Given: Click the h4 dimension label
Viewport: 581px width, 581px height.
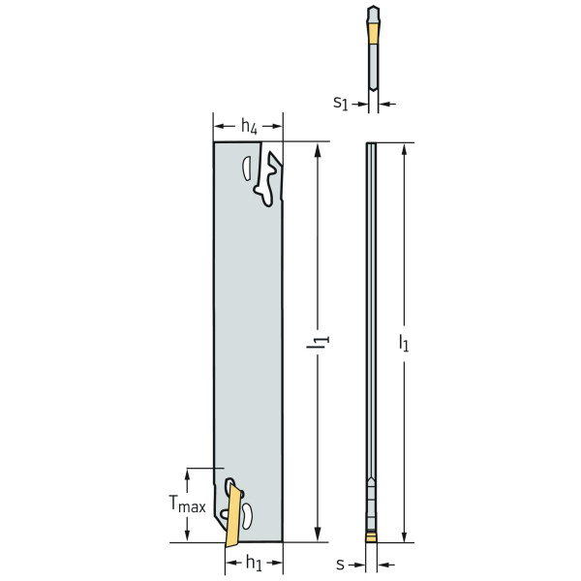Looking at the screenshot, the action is pyautogui.click(x=249, y=126).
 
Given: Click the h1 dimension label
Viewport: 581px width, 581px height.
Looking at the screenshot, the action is pyautogui.click(x=254, y=564).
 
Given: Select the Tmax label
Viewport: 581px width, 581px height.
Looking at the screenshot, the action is pyautogui.click(x=187, y=505).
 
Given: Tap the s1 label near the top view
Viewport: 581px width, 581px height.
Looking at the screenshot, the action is pyautogui.click(x=341, y=103).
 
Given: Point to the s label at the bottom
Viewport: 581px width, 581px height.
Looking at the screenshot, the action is pyautogui.click(x=340, y=565).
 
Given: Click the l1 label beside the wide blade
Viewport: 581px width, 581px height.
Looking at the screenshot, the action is pyautogui.click(x=318, y=342).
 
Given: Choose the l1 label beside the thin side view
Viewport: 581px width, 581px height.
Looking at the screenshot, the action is pyautogui.click(x=404, y=343).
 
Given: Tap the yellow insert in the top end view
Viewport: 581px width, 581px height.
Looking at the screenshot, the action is pyautogui.click(x=373, y=33).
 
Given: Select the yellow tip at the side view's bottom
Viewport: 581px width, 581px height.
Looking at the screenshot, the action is pyautogui.click(x=371, y=537).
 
